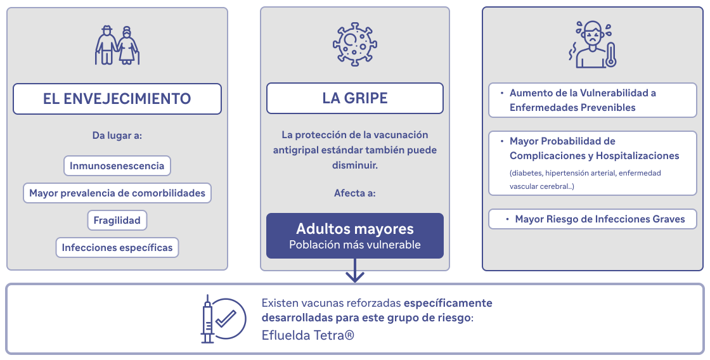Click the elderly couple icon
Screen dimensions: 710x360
[x=117, y=45]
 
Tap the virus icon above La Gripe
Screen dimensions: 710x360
[x=355, y=45]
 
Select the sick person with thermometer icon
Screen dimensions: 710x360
[x=593, y=44]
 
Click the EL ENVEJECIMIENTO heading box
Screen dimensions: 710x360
[x=117, y=99]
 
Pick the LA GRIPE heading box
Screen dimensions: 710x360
[x=355, y=98]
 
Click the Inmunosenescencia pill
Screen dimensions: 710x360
[x=117, y=165]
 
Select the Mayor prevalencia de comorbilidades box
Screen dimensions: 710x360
[x=117, y=193]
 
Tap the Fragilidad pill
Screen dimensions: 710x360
[x=117, y=221]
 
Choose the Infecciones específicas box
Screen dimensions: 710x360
[x=117, y=248]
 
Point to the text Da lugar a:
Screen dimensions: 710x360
[x=117, y=136]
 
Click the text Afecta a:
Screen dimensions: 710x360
[x=355, y=193]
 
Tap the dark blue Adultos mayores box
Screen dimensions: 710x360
[x=355, y=236]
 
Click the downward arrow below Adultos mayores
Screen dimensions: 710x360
[x=355, y=271]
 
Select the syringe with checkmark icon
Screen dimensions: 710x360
[x=224, y=319]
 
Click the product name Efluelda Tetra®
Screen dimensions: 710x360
[x=308, y=335]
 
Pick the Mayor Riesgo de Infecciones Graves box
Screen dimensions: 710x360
[x=593, y=219]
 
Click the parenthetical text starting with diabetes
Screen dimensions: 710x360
[x=585, y=179]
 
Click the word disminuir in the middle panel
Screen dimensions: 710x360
[x=355, y=165]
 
